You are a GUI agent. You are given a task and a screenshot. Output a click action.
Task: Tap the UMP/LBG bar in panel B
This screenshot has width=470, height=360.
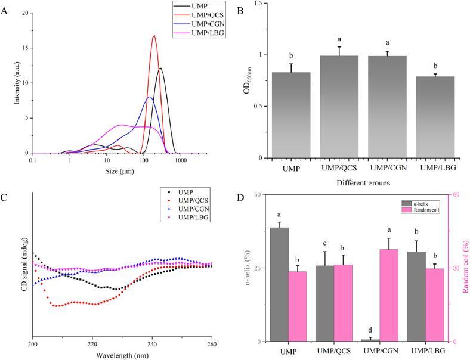pos(434,116)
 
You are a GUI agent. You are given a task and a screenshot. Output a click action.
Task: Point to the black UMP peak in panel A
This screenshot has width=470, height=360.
pos(160,69)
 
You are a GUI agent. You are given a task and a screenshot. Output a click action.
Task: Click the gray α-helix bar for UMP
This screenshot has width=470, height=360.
pos(279,284)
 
